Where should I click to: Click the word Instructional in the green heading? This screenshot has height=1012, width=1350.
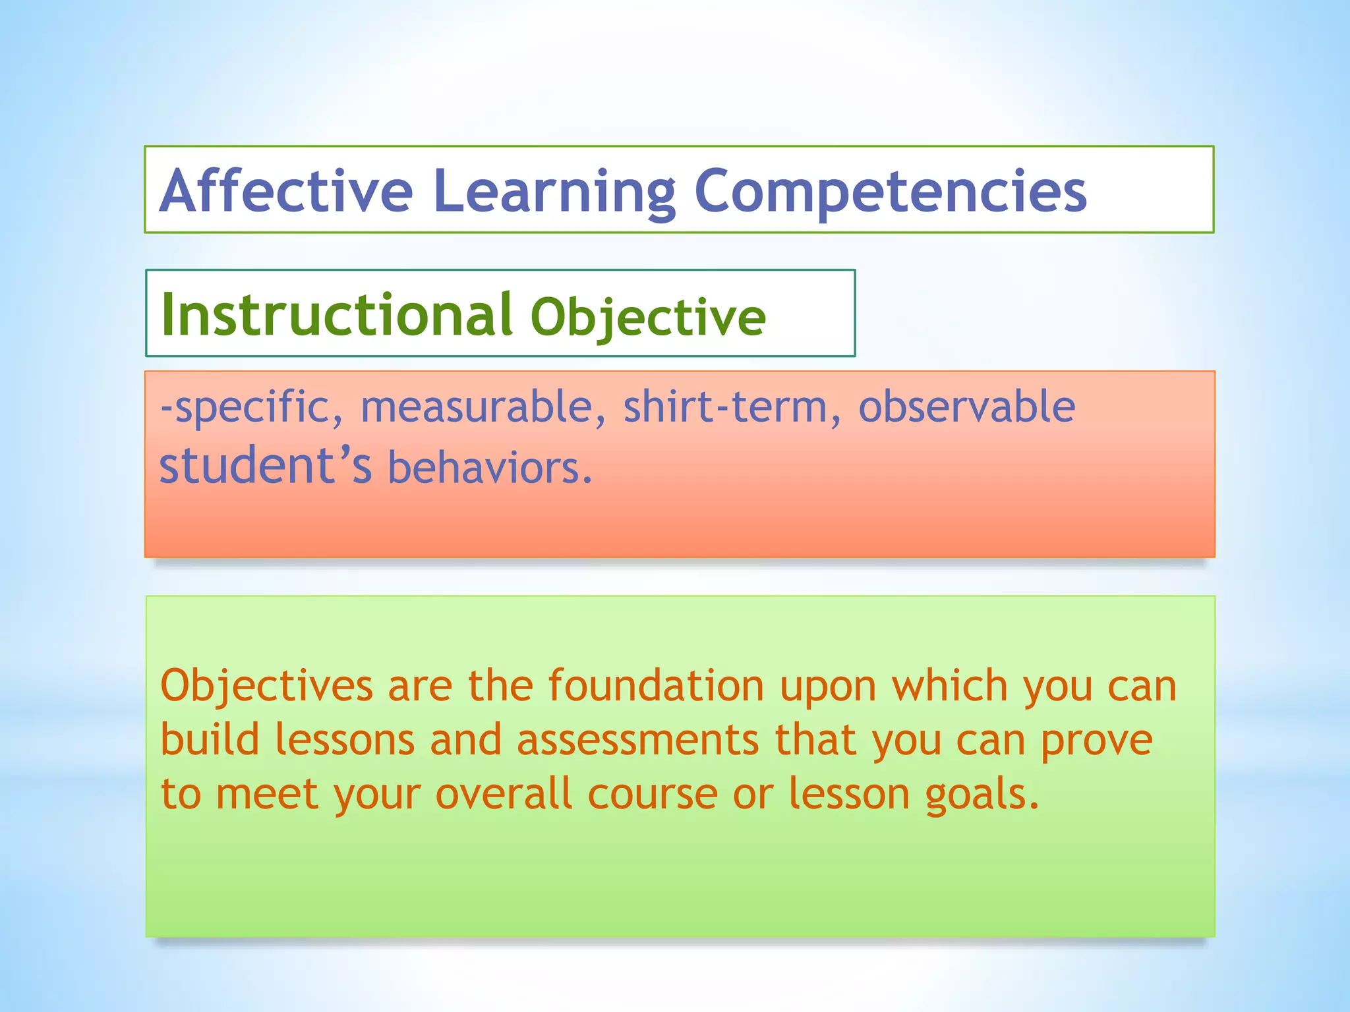click(337, 315)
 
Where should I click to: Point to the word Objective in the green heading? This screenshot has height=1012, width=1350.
click(648, 318)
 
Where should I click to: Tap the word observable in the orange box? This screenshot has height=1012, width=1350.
click(966, 407)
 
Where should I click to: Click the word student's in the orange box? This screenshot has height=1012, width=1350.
click(266, 466)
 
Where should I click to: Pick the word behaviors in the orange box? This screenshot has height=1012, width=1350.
click(490, 467)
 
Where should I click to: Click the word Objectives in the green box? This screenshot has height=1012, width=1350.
click(266, 686)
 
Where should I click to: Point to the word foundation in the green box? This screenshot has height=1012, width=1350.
click(656, 686)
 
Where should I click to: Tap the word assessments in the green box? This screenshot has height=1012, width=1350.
click(637, 740)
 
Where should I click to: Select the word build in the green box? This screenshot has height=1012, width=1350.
click(210, 739)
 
